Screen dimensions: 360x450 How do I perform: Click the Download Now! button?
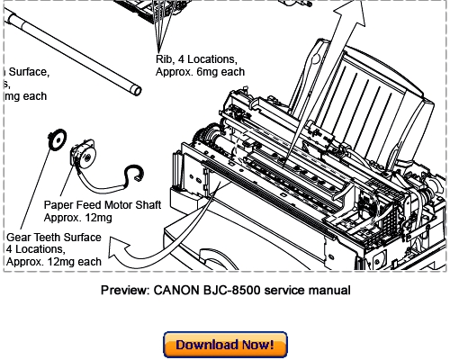225,345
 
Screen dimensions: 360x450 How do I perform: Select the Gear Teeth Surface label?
55,237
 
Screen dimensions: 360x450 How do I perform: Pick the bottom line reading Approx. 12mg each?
53,262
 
